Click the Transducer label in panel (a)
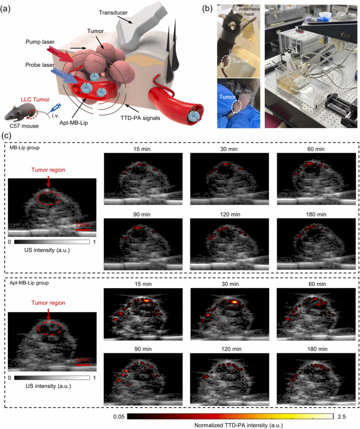(113, 12)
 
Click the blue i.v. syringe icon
(56, 108)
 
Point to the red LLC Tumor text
(36, 100)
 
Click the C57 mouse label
(24, 126)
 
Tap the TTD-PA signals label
(140, 118)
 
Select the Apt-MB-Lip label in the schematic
(74, 123)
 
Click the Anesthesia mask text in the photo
(249, 12)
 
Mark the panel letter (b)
(207, 9)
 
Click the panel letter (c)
(7, 136)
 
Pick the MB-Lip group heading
(25, 148)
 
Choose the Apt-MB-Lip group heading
(29, 283)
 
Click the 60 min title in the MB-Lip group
(316, 149)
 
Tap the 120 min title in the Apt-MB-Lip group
(231, 349)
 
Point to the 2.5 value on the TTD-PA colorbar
(341, 417)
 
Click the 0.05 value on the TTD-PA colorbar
(119, 417)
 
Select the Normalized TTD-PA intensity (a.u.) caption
(238, 425)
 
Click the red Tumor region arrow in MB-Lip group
(48, 181)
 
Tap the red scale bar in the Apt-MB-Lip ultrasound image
(83, 365)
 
